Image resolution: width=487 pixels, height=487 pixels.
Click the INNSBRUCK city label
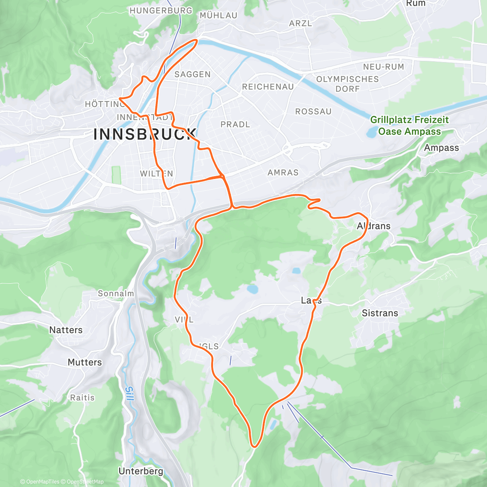coord(145,134)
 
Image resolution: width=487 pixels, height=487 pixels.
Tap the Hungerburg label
coord(161,11)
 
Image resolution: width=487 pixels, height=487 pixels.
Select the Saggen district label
coord(192,74)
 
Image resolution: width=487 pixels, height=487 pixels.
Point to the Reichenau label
coord(267,87)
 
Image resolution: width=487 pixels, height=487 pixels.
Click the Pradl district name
coord(235,124)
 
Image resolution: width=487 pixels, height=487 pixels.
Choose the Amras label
coord(283,172)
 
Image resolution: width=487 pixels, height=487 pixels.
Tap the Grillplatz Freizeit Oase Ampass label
coord(409,125)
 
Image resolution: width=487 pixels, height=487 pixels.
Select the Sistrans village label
coord(380,313)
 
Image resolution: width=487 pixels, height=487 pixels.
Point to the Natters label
coord(66,330)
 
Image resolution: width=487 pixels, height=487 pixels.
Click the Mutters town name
coord(85,362)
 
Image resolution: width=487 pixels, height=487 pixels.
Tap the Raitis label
coord(82,397)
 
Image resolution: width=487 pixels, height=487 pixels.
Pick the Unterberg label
coord(141,471)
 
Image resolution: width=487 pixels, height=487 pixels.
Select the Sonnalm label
coord(116,293)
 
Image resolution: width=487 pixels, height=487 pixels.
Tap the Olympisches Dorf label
coord(347,84)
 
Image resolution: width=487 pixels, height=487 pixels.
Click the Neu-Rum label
coord(384,67)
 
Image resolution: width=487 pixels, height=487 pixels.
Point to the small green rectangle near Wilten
coord(116,175)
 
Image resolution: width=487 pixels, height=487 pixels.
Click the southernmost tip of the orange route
coord(254,447)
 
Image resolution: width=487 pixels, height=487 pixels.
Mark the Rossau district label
coord(313,111)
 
